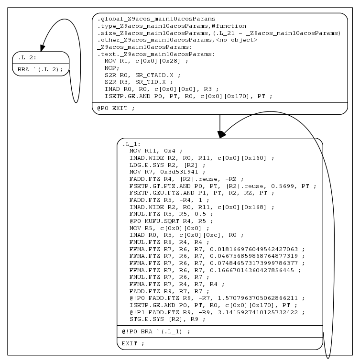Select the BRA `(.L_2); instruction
click(x=40, y=69)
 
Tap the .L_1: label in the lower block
click(x=129, y=143)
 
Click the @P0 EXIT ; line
click(x=116, y=108)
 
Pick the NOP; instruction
click(x=112, y=68)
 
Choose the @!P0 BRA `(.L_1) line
click(x=155, y=332)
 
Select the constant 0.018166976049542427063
click(x=258, y=249)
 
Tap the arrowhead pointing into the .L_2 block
click(x=43, y=48)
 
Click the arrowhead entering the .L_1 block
click(x=221, y=135)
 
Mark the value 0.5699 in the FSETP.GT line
click(x=292, y=185)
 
